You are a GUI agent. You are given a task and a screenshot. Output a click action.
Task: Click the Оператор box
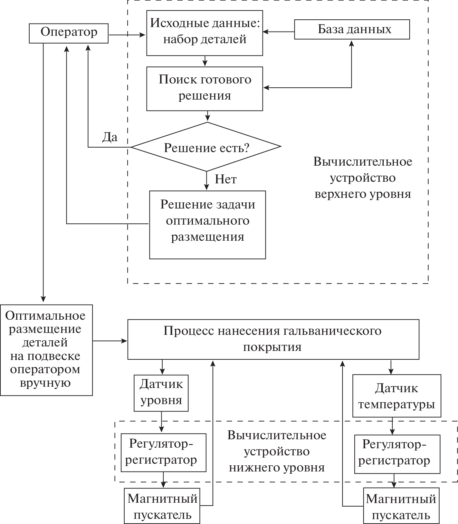coord(69,33)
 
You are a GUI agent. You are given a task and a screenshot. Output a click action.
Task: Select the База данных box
coord(352,30)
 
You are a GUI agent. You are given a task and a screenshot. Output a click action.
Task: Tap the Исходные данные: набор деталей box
coord(205,33)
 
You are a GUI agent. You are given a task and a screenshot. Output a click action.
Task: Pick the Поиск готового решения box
coord(205,89)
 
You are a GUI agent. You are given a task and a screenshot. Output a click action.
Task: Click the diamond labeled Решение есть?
coord(206,147)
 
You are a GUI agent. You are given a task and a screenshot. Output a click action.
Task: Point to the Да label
coord(110,137)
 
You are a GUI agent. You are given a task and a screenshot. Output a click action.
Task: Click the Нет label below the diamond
coord(226,179)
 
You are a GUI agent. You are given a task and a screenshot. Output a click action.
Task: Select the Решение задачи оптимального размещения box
coord(207,225)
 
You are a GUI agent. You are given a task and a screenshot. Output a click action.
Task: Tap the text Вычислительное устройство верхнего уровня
coord(363,178)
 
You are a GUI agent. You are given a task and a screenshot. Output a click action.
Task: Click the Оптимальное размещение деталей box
coord(46,350)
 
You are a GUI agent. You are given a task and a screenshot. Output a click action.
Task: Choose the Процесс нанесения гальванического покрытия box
coord(273,339)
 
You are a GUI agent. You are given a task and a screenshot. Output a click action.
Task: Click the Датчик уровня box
coord(161,393)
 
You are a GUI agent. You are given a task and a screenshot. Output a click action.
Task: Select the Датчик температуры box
coord(396,396)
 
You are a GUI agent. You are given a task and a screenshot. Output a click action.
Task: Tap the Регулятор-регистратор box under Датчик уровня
coord(163,452)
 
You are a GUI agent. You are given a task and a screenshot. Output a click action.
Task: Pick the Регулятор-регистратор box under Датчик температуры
coord(397,454)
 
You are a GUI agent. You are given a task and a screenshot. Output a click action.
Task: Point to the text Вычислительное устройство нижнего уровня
coord(277,451)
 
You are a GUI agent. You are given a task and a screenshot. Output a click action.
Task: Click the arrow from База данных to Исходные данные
coord(279,32)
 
